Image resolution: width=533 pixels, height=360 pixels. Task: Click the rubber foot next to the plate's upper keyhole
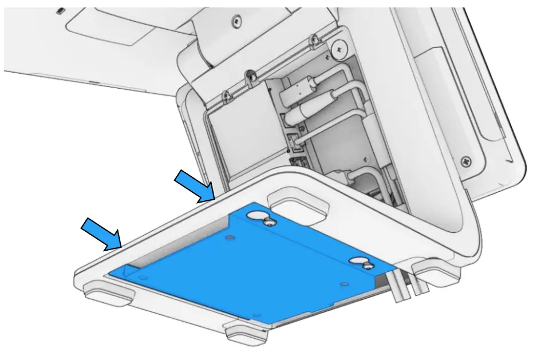[298, 205]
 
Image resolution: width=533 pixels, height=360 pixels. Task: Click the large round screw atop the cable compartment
[339, 49]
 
